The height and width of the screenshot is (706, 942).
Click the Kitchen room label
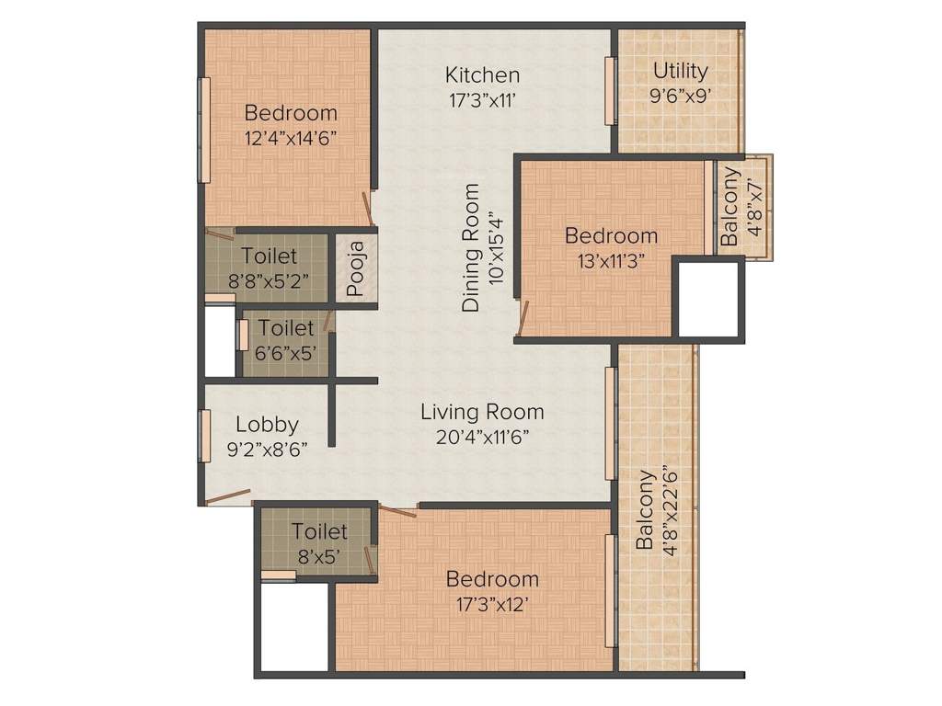(x=483, y=74)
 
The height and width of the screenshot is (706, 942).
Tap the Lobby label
(x=267, y=425)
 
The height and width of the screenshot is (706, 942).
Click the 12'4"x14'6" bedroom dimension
(x=291, y=138)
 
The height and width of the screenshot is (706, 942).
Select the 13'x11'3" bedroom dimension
(x=611, y=259)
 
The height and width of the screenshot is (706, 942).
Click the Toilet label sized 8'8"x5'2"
(x=269, y=256)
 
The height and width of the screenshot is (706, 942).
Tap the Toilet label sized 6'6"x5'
(x=285, y=327)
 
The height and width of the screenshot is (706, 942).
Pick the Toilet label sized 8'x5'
(x=319, y=531)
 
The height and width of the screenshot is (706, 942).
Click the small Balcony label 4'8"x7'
(x=729, y=207)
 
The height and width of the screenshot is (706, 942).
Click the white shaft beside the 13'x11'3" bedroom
(x=708, y=299)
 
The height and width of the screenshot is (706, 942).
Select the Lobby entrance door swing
(x=228, y=498)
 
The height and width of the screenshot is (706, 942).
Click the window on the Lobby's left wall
(x=205, y=437)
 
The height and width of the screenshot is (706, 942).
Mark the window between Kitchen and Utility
(x=609, y=90)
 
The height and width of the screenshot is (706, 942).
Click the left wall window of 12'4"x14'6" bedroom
(x=205, y=130)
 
